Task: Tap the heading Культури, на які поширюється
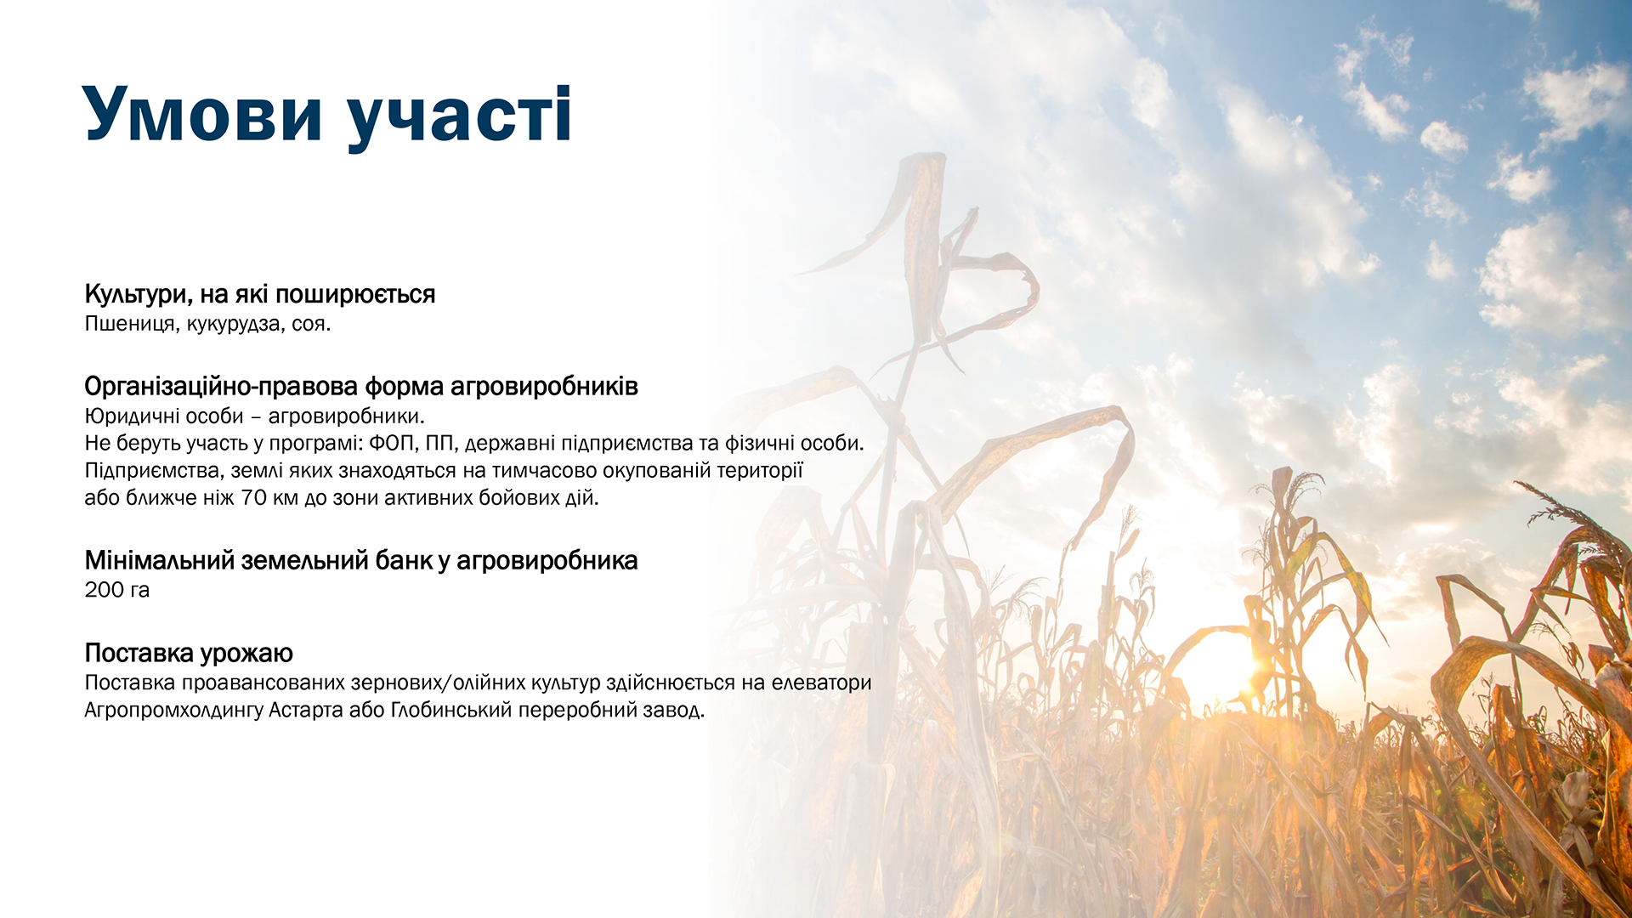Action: [x=260, y=295]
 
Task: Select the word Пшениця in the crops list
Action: [x=130, y=324]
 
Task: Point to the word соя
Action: [x=310, y=325]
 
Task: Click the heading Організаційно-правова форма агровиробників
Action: [x=361, y=387]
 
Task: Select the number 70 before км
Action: [x=254, y=497]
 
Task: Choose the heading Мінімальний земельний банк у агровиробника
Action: [x=361, y=561]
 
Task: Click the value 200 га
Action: [x=117, y=590]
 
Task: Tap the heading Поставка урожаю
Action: [x=189, y=654]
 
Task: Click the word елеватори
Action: [x=821, y=683]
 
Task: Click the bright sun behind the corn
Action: [x=1215, y=671]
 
